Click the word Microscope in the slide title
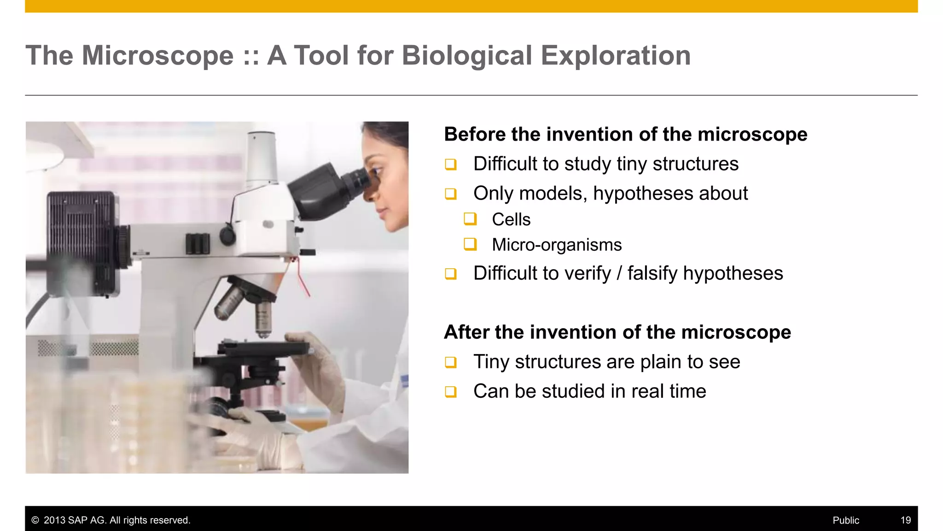[157, 56]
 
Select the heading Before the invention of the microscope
[625, 135]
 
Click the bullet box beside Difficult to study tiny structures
[450, 165]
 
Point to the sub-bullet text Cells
[511, 219]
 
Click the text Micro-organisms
[556, 245]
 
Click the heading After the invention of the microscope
[617, 332]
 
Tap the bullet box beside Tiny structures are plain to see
[450, 362]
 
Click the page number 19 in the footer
[905, 520]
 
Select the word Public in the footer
[845, 520]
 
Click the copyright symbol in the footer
[35, 520]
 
